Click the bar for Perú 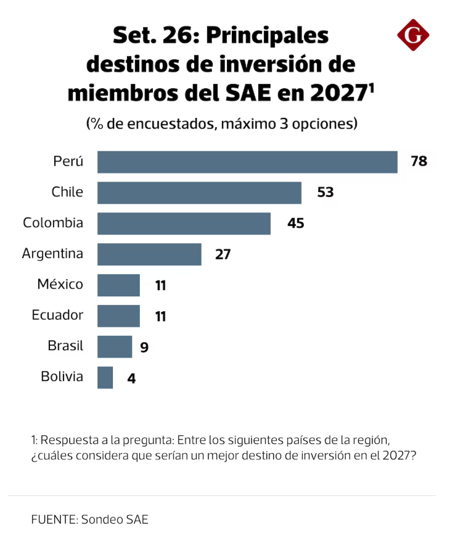coord(247,162)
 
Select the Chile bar coord(199,193)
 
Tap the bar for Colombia coord(184,224)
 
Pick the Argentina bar coord(149,254)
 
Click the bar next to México coord(118,285)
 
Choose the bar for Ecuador coord(118,316)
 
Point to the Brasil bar coord(115,346)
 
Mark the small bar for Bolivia coord(105,377)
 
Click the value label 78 coord(419,161)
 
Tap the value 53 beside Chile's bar coord(325,192)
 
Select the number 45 coord(295,223)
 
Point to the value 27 coord(223,254)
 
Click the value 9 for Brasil coord(144,347)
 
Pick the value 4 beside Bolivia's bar coord(131,379)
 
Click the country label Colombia coord(53,222)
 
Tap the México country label coord(60,284)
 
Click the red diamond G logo coord(413,35)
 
